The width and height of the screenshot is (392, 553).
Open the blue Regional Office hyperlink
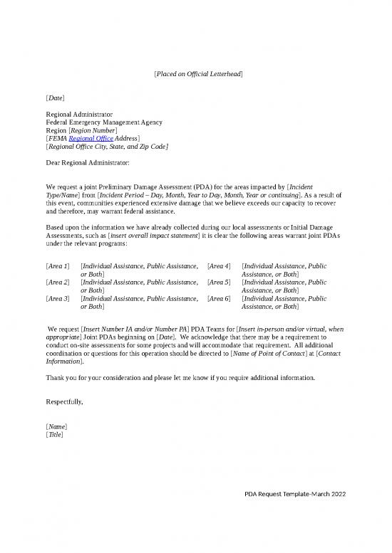coord(91,139)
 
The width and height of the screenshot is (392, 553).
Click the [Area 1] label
coord(58,265)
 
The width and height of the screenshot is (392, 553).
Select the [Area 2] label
coord(58,282)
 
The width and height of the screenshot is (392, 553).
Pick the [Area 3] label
coord(58,298)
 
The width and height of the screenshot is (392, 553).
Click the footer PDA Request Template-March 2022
coord(294,495)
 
